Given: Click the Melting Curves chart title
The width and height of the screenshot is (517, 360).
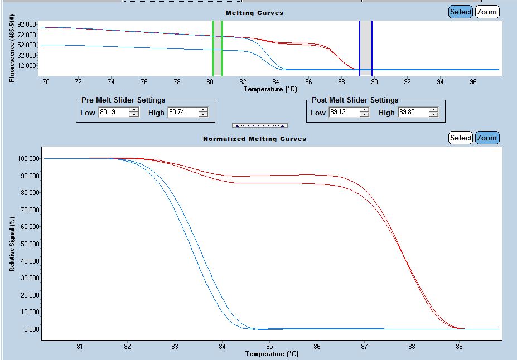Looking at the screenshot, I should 254,13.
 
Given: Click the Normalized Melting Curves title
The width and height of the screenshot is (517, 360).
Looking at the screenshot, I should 254,139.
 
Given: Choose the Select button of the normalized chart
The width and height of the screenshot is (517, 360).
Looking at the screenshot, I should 461,138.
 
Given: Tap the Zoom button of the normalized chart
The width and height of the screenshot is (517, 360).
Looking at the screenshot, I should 487,138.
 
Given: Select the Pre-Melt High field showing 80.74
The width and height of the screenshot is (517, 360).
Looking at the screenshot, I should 181,113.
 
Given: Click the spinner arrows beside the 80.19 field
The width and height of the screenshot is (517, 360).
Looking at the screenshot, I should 134,113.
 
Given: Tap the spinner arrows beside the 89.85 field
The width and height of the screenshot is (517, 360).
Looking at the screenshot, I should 433,113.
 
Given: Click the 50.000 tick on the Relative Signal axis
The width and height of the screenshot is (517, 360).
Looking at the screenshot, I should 28,244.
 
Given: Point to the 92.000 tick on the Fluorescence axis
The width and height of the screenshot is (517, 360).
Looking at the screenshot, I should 27,25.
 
